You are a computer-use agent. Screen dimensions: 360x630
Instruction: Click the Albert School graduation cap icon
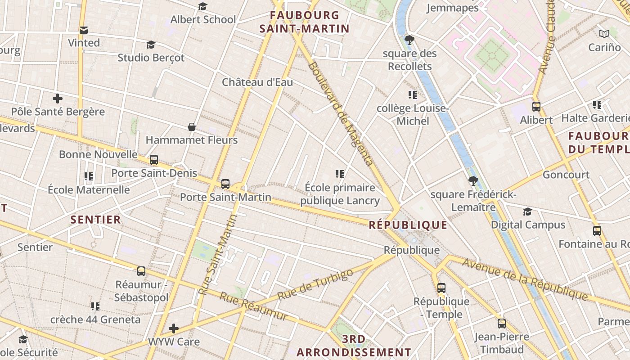tap(202, 7)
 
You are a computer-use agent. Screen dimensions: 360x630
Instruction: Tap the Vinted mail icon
tap(83, 30)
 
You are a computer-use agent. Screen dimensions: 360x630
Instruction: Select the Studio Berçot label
tap(151, 58)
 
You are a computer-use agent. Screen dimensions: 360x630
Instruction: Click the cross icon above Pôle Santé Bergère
tap(57, 99)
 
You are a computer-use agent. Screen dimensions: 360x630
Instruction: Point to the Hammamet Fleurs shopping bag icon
tap(192, 127)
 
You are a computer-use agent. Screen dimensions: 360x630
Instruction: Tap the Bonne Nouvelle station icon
tap(154, 160)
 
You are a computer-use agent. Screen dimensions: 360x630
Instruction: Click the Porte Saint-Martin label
tap(225, 197)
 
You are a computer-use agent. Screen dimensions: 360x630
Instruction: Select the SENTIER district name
tap(96, 220)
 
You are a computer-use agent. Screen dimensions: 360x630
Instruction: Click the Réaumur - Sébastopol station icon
tap(141, 271)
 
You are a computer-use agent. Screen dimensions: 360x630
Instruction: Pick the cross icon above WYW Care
tap(174, 328)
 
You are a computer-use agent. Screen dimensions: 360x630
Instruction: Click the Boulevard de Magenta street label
tap(341, 113)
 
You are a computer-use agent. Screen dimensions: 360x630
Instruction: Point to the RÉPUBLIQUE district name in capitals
tap(408, 225)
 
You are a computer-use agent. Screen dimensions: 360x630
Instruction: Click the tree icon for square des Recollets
tap(409, 40)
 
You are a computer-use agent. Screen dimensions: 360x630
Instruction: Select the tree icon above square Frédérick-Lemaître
tap(473, 181)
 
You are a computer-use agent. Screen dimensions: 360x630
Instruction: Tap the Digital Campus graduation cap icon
tap(527, 211)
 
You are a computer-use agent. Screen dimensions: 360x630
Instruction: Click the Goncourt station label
tap(566, 175)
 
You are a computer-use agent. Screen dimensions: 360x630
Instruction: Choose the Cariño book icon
tap(604, 34)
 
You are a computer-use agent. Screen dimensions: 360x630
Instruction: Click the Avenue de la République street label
tap(525, 279)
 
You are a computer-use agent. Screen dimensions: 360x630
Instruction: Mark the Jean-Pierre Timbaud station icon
tap(502, 323)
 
